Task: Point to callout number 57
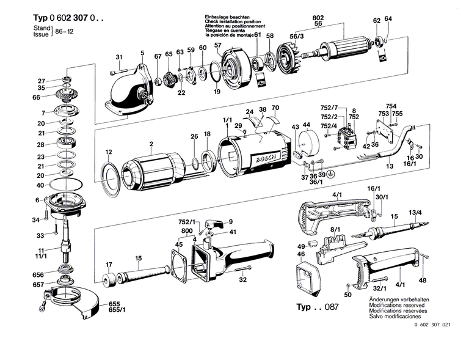(x=218, y=46)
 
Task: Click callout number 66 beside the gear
(x=37, y=97)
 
